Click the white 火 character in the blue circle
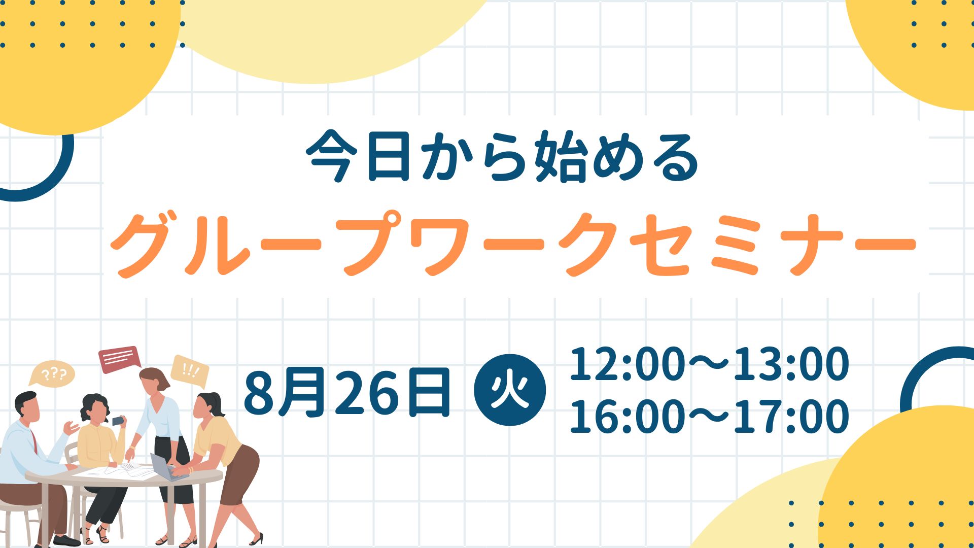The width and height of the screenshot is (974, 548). (510, 391)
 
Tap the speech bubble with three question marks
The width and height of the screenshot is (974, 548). (52, 375)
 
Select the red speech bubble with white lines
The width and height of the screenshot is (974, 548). (120, 359)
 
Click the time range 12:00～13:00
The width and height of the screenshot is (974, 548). (709, 364)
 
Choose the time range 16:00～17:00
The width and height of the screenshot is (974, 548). (709, 417)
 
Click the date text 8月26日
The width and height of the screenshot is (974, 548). (347, 392)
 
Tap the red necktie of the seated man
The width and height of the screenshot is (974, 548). (34, 441)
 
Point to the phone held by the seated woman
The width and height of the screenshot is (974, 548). (118, 420)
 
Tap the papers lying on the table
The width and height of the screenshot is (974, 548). (122, 472)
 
